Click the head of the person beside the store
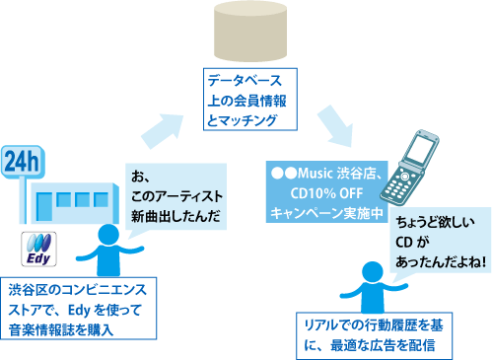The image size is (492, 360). pos(101,235)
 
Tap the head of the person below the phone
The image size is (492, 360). pos(370,269)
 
